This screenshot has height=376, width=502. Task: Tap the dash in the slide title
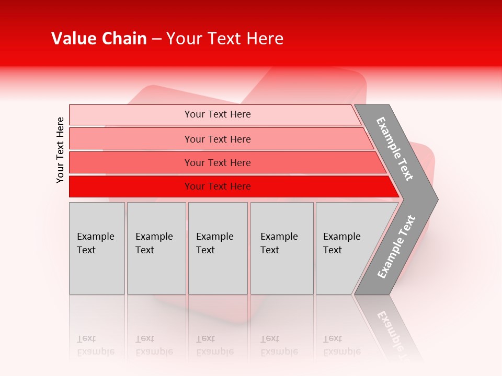pyautogui.click(x=156, y=39)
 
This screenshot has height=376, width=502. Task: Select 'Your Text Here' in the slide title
pyautogui.click(x=224, y=39)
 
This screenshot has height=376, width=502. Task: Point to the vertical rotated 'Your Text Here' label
pyautogui.click(x=60, y=150)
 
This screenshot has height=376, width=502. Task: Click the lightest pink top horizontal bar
pyautogui.click(x=217, y=114)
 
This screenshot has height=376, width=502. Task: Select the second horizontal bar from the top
pyautogui.click(x=217, y=139)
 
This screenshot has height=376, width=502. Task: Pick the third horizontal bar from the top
pyautogui.click(x=217, y=162)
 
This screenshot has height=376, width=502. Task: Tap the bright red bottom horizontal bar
pyautogui.click(x=217, y=186)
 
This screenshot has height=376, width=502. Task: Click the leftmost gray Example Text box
pyautogui.click(x=97, y=248)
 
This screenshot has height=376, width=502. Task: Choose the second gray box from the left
pyautogui.click(x=156, y=248)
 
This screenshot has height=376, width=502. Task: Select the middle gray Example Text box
pyautogui.click(x=218, y=248)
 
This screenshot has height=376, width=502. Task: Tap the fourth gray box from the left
pyautogui.click(x=281, y=248)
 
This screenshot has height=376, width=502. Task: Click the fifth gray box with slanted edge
pyautogui.click(x=345, y=248)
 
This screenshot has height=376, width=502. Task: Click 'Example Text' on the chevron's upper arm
pyautogui.click(x=395, y=149)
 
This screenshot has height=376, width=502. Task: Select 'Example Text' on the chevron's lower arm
pyautogui.click(x=396, y=246)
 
